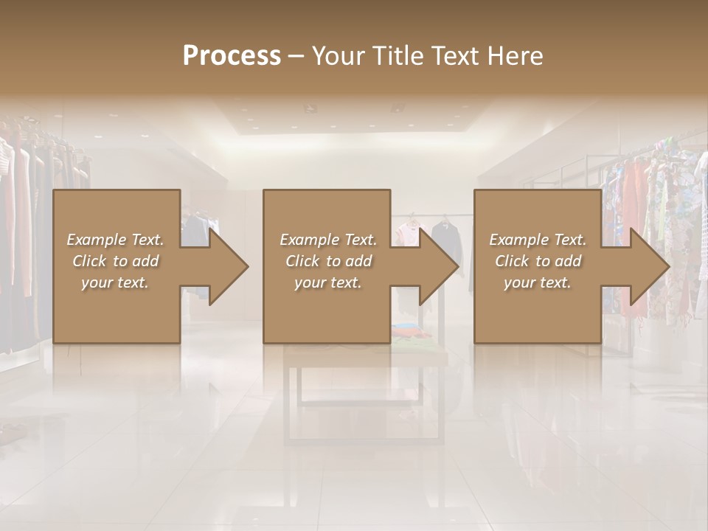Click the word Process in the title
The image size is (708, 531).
232,56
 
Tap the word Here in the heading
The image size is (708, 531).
516,56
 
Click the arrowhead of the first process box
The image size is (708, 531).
226,266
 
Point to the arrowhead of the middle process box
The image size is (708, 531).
436,266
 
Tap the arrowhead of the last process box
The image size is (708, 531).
647,266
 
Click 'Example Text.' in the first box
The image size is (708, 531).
115,240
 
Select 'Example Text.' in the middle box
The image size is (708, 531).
327,240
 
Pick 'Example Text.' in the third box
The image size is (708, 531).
538,240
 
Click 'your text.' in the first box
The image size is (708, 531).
115,282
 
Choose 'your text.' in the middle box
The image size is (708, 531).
327,282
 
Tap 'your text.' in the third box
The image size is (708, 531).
538,282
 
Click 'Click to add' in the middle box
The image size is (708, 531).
327,261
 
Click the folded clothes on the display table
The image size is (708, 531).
413,339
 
